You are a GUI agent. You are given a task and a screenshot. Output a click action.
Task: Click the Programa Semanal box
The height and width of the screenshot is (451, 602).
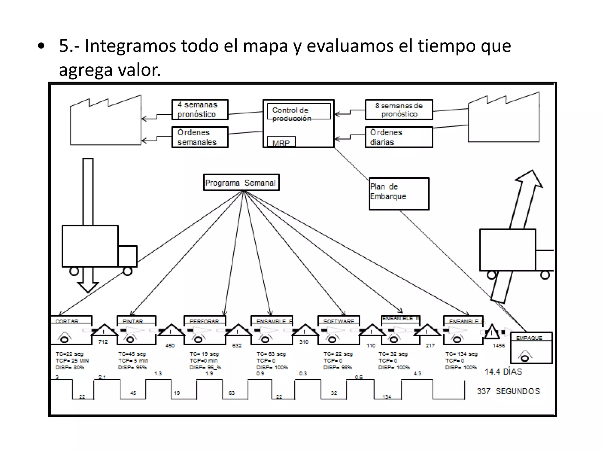point(241,183)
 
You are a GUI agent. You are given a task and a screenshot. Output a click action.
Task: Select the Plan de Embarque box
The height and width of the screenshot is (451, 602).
point(399,194)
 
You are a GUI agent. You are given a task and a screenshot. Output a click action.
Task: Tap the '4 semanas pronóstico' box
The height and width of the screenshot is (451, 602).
point(200,110)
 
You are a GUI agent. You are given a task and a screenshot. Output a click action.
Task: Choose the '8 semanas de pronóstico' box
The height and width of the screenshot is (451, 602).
point(399,110)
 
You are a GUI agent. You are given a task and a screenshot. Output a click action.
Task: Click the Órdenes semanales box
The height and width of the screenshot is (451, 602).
point(200,137)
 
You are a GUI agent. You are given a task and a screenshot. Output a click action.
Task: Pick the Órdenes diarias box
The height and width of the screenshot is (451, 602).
point(399,137)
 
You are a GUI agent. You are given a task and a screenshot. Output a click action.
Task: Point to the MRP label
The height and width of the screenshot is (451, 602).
point(281,143)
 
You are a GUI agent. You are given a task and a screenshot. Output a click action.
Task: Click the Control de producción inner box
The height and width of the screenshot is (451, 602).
point(299,111)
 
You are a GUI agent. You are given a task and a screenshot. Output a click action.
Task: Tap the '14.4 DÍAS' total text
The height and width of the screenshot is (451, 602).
point(503,372)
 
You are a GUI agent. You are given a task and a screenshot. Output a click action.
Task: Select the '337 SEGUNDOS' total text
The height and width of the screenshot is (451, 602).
point(509,391)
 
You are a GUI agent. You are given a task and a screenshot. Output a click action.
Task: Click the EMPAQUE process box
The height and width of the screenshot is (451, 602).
point(531,348)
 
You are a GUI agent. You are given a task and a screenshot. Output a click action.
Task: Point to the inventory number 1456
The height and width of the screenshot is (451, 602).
point(499,346)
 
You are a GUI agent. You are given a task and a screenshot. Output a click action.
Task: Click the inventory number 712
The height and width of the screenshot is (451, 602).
point(103,342)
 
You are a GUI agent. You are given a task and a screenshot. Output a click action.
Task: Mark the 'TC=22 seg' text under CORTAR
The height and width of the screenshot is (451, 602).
point(70,354)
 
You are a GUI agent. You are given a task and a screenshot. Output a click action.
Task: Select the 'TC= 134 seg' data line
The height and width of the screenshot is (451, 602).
point(461,354)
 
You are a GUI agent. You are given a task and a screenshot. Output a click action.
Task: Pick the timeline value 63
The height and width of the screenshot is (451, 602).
point(232,393)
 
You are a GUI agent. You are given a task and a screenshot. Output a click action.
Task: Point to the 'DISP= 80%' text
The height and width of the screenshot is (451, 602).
point(70,367)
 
